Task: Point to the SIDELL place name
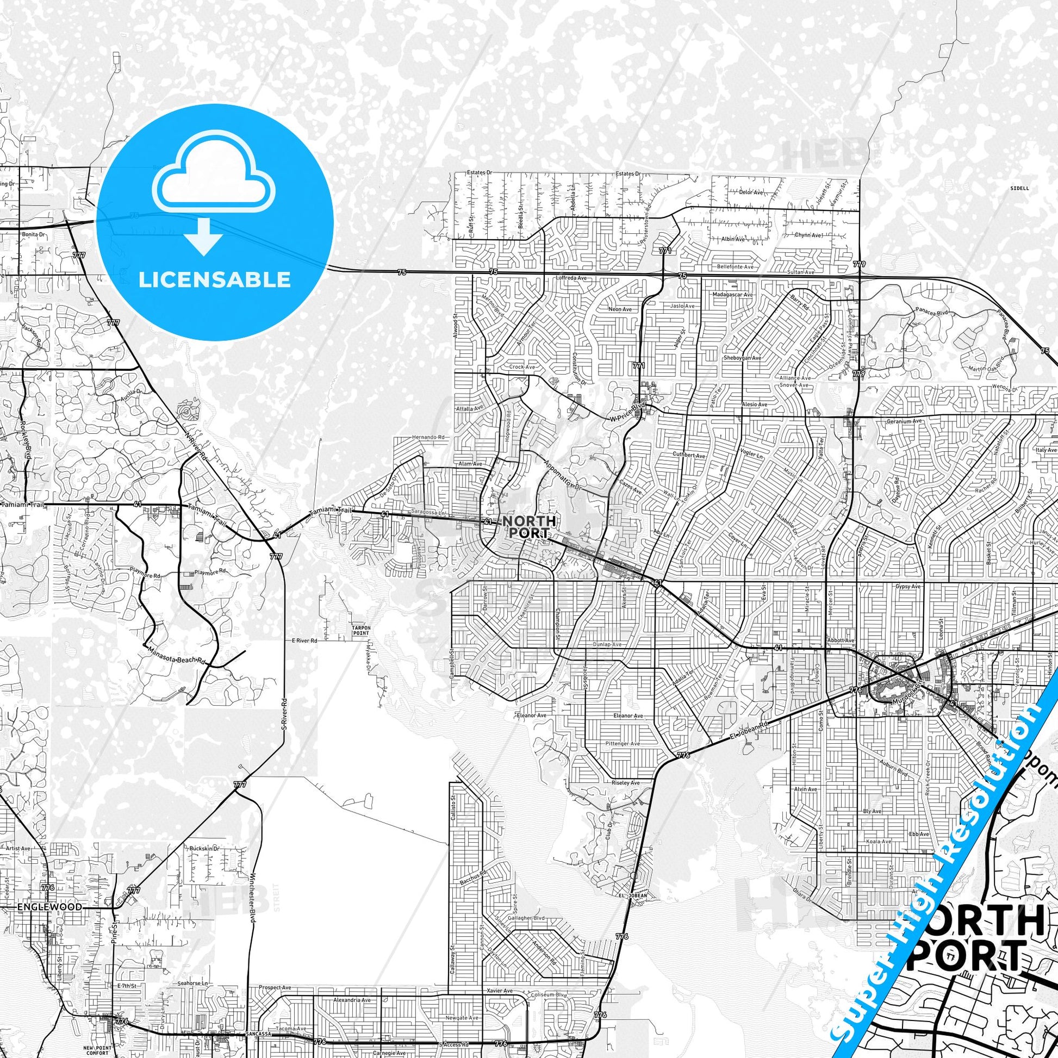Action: click(x=1019, y=188)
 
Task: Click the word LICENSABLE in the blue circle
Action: click(x=214, y=280)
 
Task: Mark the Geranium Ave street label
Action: click(x=904, y=422)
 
